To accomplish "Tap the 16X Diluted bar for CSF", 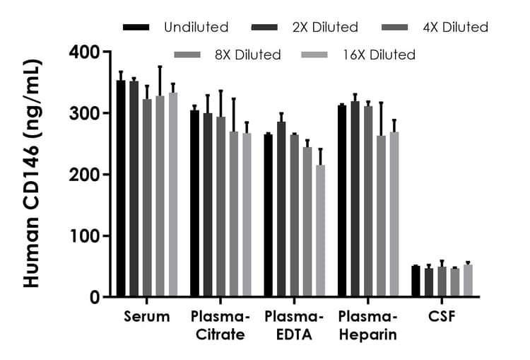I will pyautogui.click(x=468, y=281).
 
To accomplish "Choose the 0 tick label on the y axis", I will pyautogui.click(x=95, y=297).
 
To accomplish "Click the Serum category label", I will pyautogui.click(x=146, y=317).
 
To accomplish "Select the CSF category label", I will pyautogui.click(x=442, y=317).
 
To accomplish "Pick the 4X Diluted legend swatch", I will pyautogui.click(x=394, y=28).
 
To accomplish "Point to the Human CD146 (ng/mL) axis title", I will pyautogui.click(x=32, y=174).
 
